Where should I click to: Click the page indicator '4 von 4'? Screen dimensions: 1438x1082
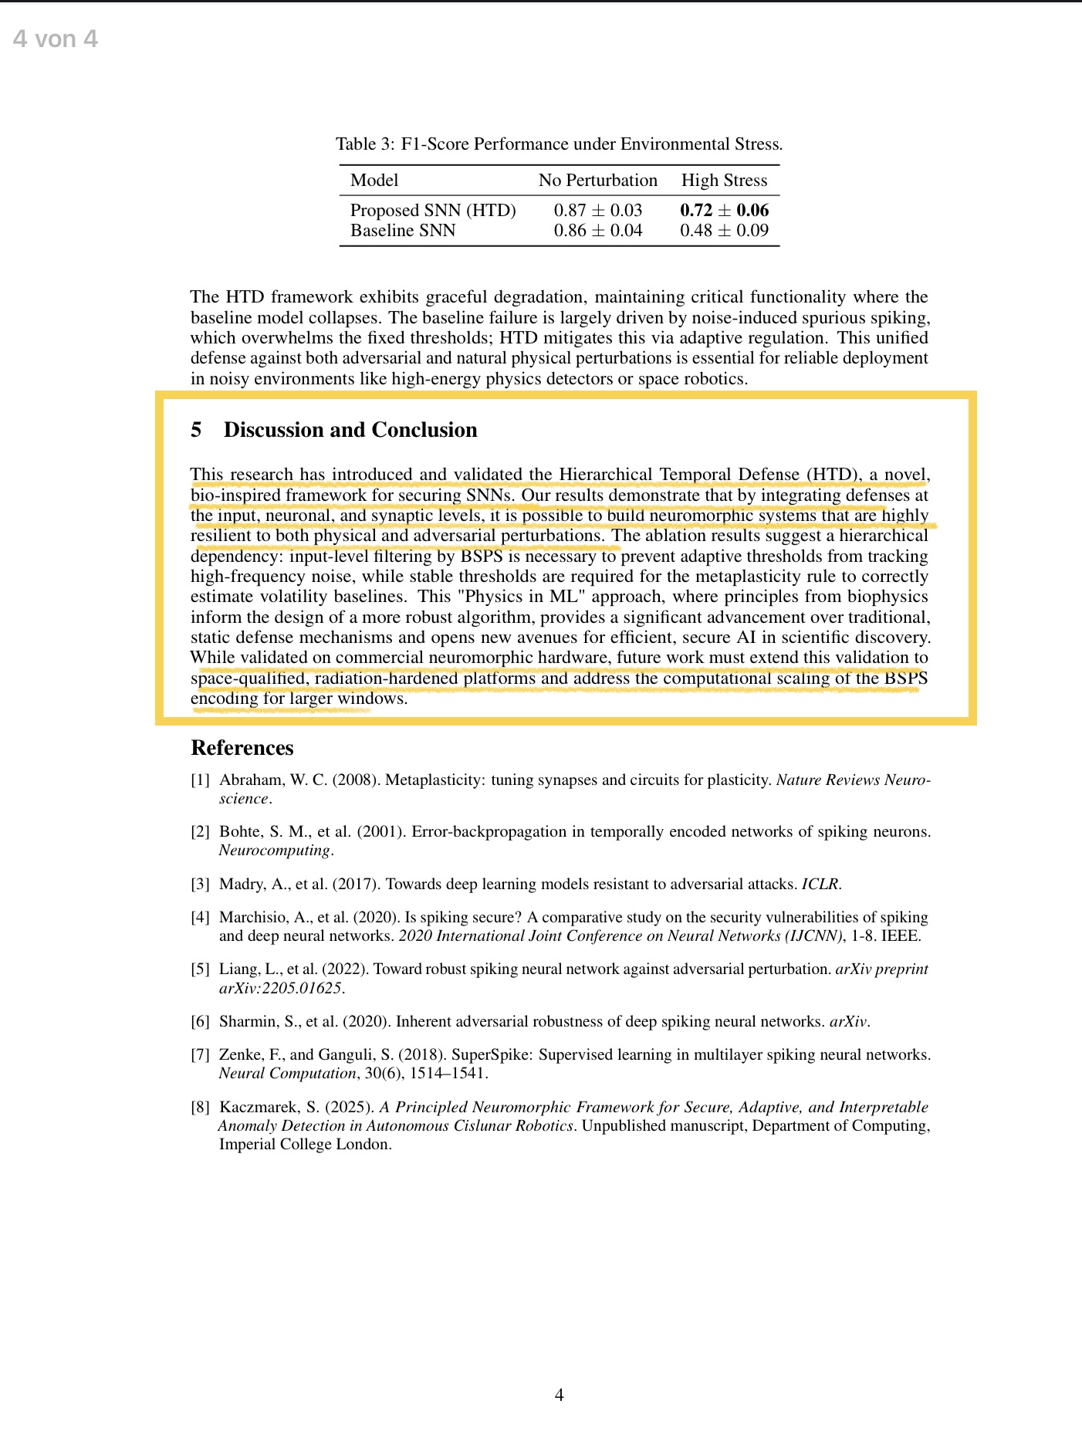click(56, 39)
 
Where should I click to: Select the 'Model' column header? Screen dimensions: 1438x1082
click(374, 181)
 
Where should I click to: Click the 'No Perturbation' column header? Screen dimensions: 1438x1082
click(597, 181)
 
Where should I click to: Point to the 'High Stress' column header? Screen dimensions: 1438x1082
click(724, 181)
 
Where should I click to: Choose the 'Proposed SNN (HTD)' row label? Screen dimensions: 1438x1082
click(433, 210)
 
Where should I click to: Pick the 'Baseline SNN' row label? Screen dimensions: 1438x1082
click(403, 230)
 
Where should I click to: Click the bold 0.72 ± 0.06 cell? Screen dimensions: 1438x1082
click(724, 210)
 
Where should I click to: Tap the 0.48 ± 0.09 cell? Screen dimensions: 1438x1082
click(724, 230)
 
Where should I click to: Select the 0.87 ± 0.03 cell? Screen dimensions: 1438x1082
click(597, 210)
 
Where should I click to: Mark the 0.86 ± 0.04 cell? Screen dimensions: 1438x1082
click(597, 230)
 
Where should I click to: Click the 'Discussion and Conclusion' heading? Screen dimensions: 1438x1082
click(350, 430)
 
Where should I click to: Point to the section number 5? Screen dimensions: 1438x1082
click(196, 430)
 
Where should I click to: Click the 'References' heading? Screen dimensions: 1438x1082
click(242, 748)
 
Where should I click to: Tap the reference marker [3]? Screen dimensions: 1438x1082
click(200, 885)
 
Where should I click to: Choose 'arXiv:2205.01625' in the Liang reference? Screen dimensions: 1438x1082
click(280, 988)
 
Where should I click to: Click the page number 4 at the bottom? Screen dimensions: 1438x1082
click(560, 1395)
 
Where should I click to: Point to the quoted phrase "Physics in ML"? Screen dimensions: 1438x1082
click(521, 597)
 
